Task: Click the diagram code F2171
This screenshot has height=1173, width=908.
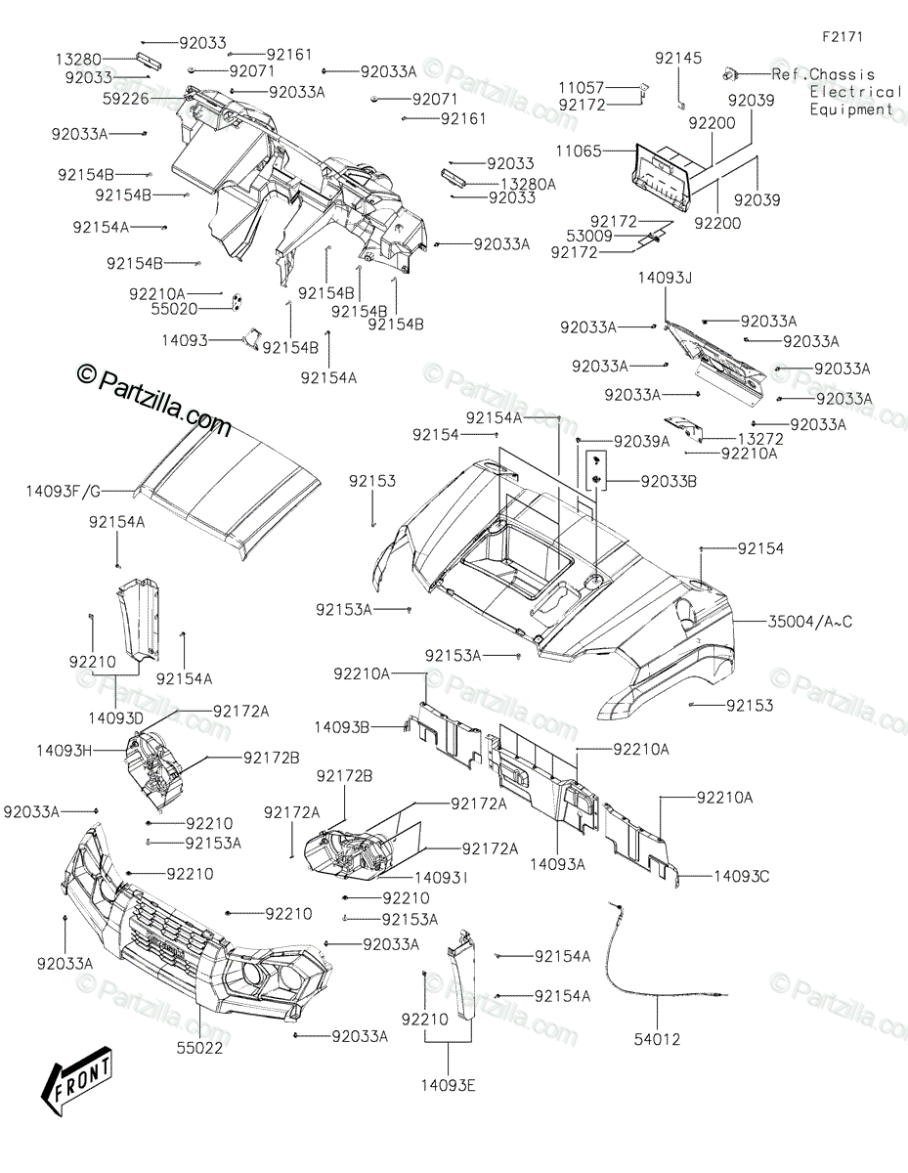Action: coord(842,37)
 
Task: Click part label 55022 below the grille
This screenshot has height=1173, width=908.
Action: coord(201,1048)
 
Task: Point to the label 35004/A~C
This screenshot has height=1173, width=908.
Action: coord(810,621)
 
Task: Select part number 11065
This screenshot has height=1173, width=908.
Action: coord(580,152)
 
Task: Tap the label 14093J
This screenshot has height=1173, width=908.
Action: coord(665,279)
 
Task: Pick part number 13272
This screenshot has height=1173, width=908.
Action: coord(761,439)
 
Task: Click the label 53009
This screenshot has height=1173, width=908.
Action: coord(587,236)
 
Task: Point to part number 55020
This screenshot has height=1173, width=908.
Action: coord(177,308)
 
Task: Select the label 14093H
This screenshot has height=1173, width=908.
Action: coord(65,751)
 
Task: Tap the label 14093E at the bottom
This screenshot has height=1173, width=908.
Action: coord(449,1084)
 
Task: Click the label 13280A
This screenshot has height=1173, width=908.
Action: coord(528,183)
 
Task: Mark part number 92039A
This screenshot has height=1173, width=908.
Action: coord(641,442)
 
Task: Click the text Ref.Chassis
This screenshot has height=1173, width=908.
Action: coord(823,74)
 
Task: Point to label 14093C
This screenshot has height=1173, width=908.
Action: coord(741,876)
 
